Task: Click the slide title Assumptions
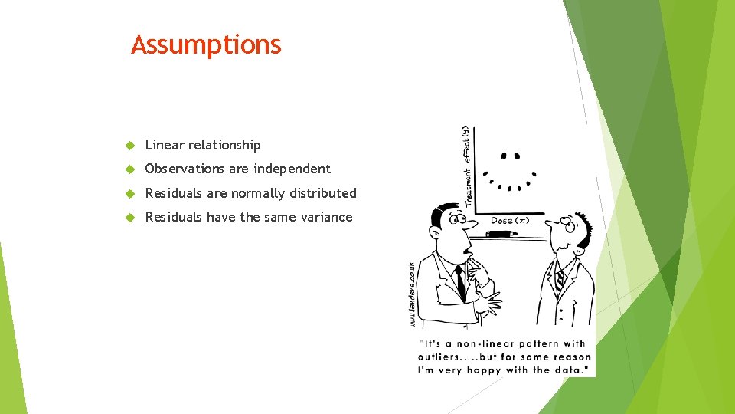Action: (x=206, y=44)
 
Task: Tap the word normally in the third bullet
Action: (x=258, y=193)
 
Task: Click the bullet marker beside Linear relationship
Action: (x=130, y=146)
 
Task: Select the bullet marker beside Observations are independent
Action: (x=130, y=169)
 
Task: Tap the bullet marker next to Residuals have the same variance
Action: (x=130, y=218)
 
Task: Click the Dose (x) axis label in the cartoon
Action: (x=510, y=221)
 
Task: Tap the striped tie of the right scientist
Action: (x=560, y=280)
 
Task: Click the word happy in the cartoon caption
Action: (x=501, y=370)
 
